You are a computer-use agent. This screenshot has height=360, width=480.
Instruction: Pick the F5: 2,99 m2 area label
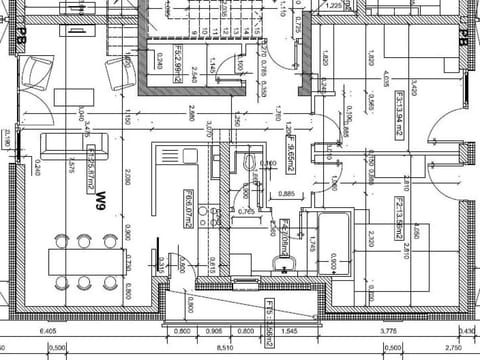176,61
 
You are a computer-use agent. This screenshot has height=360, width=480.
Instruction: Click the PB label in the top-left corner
20,37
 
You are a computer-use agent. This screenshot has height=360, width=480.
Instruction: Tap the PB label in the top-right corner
463,37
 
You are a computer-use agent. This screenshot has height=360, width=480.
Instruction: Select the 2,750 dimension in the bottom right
452,348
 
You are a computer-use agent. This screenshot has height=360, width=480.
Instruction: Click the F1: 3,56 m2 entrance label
270,315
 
